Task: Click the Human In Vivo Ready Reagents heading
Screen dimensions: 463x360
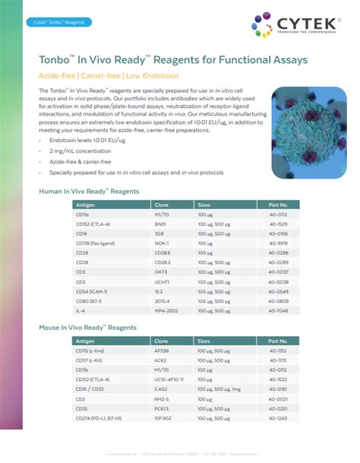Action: click(x=89, y=191)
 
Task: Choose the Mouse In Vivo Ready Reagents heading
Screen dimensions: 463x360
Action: click(x=90, y=328)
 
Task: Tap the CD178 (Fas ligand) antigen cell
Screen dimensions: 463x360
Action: click(x=94, y=243)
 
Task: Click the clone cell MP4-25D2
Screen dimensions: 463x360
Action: click(x=168, y=309)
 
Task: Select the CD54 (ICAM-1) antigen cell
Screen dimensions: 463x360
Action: click(x=91, y=290)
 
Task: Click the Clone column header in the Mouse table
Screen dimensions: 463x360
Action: click(x=162, y=341)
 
